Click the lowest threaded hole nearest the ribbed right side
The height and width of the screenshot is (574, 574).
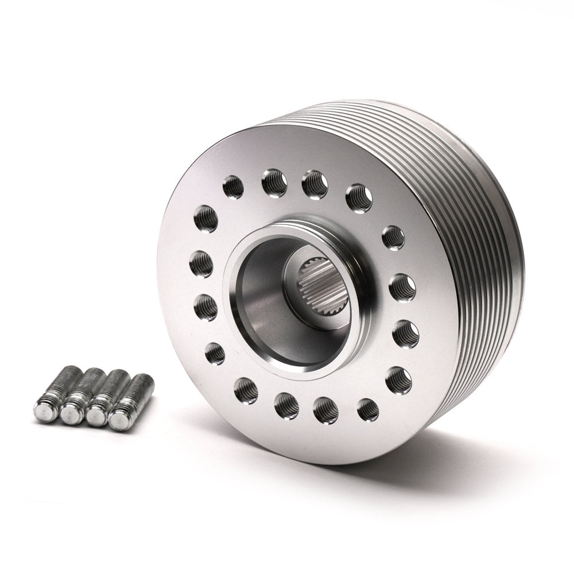[x=398, y=379]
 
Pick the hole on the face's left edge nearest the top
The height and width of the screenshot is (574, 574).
[x=206, y=219]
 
